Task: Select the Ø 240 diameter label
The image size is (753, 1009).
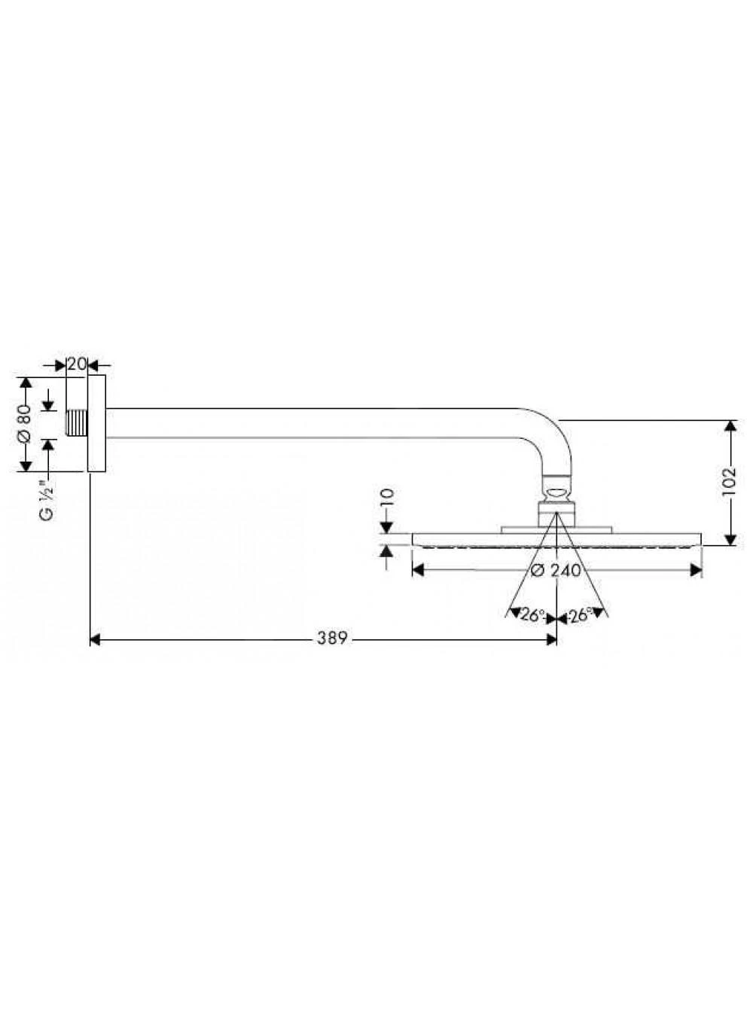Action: click(x=556, y=571)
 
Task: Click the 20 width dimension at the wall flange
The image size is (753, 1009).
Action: click(x=76, y=364)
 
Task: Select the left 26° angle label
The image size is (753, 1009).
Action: click(x=532, y=615)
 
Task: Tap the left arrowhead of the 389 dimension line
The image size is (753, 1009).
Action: click(x=95, y=639)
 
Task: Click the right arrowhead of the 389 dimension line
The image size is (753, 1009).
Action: click(x=551, y=639)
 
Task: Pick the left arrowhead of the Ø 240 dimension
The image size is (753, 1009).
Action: click(x=417, y=571)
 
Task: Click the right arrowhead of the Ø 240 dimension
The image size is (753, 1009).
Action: click(x=697, y=571)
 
